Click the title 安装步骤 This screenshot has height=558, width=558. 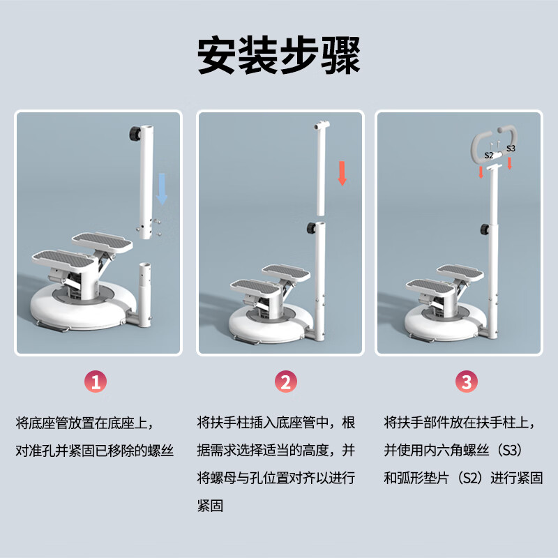click(279, 56)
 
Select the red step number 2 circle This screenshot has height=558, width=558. click(285, 382)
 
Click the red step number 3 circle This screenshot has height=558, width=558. click(467, 382)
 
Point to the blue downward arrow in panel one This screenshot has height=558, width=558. click(162, 188)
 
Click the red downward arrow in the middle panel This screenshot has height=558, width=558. click(342, 173)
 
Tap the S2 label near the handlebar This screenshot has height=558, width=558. click(488, 155)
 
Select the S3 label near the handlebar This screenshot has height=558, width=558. click(511, 149)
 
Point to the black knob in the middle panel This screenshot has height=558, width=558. click(312, 227)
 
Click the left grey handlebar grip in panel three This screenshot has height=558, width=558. click(476, 143)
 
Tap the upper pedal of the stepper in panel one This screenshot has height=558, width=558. click(103, 241)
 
